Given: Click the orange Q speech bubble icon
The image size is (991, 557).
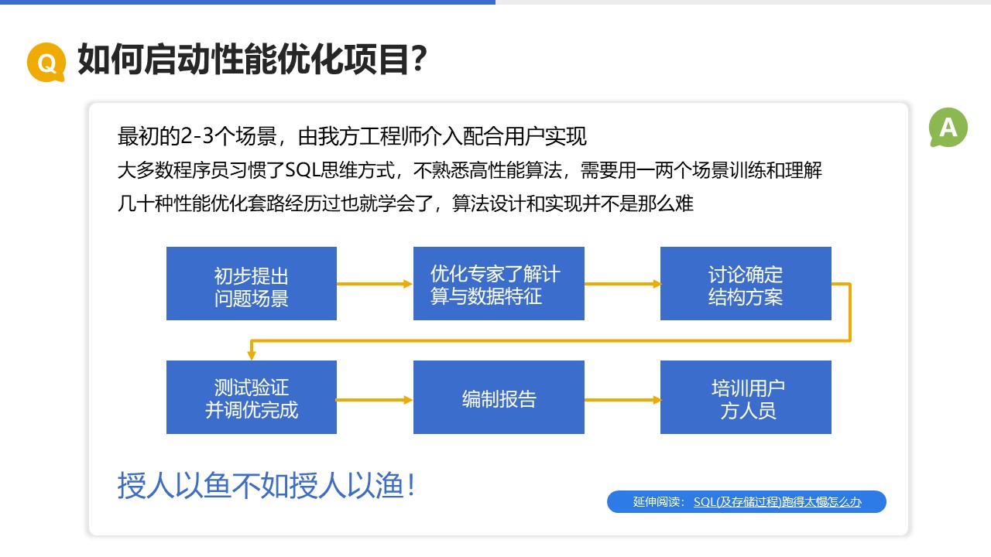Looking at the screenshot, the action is [46, 63].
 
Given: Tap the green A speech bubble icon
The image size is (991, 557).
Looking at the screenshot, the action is [948, 128].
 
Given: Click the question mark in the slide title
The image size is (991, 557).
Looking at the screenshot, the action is [417, 60].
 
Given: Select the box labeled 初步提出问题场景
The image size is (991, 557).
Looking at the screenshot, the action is [252, 283].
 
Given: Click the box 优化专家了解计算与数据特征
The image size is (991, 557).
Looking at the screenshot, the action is [499, 283].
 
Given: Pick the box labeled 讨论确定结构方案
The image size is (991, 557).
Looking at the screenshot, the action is [746, 283].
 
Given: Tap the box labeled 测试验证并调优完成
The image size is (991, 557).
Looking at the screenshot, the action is [252, 397].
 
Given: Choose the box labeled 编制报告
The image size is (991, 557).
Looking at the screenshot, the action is [499, 397].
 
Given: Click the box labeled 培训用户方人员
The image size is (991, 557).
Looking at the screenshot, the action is [746, 397].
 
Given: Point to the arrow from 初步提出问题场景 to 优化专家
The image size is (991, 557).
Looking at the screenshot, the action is [375, 284].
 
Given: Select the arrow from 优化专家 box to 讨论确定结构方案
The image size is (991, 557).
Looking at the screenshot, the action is [622, 284].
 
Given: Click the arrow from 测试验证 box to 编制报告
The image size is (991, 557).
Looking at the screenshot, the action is [375, 400].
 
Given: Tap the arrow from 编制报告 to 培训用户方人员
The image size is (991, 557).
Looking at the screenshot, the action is [622, 400].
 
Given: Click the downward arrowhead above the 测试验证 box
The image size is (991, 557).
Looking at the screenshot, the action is [252, 355].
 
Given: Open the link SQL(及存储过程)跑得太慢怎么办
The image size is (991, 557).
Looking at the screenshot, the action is [777, 502].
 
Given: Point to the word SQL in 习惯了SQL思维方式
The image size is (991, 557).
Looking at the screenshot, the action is [303, 169].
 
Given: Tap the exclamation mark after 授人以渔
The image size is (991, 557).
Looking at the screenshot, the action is [411, 485].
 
